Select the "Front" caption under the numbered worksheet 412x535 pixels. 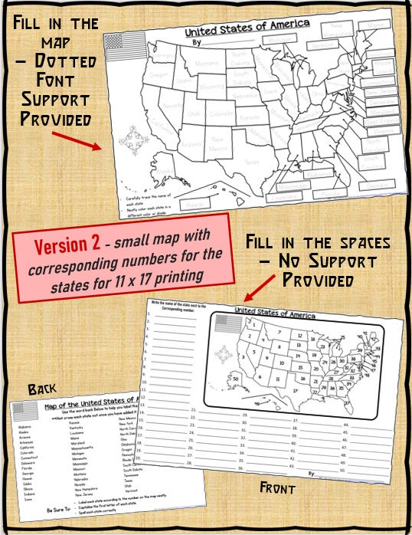tap(277, 487)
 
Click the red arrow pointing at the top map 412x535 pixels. tap(77, 141)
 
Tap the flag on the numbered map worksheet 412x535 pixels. tap(226, 323)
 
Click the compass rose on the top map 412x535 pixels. tap(129, 143)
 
